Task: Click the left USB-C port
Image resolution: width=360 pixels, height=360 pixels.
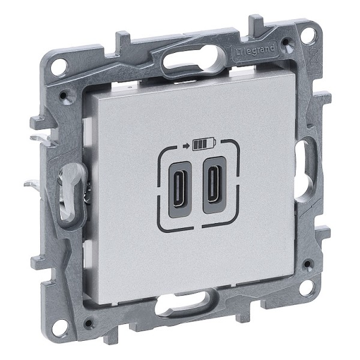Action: coord(180,190)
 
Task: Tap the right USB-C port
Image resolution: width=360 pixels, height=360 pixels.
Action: coord(214,185)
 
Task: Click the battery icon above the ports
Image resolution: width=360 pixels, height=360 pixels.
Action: coord(205,144)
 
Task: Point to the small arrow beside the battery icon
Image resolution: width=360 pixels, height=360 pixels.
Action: coord(186,145)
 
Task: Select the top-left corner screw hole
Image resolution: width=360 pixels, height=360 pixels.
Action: coord(59,66)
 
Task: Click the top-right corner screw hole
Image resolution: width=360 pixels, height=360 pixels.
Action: coord(307,35)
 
